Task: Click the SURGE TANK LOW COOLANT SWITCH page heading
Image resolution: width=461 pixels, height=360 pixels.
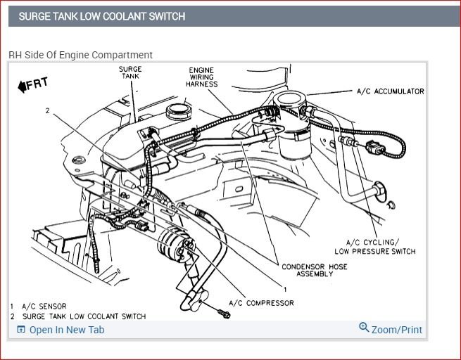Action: [x=102, y=15]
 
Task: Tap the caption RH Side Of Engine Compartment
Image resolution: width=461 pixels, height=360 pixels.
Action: [x=80, y=55]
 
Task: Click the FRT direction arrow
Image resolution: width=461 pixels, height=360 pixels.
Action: [x=32, y=85]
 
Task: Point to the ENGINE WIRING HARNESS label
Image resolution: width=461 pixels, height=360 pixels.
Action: [x=202, y=77]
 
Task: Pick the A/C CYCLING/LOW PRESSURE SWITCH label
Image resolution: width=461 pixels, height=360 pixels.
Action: [x=374, y=247]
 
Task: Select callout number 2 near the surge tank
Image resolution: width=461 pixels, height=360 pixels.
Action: [x=48, y=111]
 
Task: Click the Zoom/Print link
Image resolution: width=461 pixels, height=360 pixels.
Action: [x=396, y=329]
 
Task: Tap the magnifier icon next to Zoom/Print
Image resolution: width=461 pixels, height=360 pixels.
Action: [x=364, y=328]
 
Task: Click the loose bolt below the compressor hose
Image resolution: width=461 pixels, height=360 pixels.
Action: [x=225, y=314]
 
